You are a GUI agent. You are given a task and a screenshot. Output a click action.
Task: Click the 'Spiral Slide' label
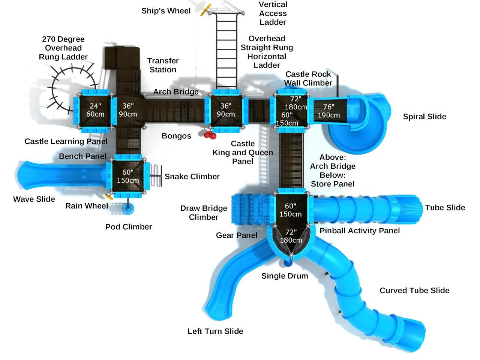click(424, 117)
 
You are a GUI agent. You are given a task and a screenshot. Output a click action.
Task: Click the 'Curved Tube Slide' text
click(414, 291)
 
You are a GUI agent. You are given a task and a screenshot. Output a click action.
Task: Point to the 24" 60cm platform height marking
click(95, 110)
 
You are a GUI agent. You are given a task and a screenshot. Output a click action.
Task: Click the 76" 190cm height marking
click(329, 111)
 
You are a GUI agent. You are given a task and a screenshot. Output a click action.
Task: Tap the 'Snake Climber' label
click(192, 177)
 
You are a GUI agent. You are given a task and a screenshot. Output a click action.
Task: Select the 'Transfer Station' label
click(163, 65)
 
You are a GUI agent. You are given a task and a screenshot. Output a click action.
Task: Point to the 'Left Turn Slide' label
click(215, 331)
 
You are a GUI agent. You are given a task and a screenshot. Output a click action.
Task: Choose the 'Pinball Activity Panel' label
click(360, 231)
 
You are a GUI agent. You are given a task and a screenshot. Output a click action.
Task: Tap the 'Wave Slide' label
click(34, 199)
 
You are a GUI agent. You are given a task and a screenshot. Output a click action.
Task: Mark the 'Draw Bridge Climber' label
click(204, 213)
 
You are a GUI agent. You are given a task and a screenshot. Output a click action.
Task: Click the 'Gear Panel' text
click(236, 235)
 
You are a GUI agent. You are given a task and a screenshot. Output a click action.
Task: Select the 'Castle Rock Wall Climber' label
click(308, 79)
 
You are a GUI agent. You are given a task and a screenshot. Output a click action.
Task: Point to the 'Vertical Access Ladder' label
click(273, 13)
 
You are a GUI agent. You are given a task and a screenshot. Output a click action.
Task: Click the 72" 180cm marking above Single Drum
click(291, 236)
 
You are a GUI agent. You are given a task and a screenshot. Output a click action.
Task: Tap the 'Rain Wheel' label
click(86, 206)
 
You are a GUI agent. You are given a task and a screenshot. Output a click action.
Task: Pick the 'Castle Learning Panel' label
click(66, 141)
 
